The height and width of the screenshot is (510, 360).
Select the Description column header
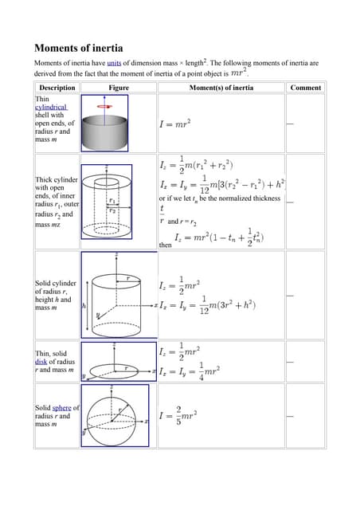click(57, 88)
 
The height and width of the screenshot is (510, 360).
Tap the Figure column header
click(118, 88)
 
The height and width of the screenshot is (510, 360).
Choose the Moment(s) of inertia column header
click(221, 88)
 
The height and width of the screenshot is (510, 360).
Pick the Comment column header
click(306, 88)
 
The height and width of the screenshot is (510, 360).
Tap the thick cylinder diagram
click(115, 202)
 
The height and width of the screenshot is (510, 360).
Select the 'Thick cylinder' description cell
click(57, 202)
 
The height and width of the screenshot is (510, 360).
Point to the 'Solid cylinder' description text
click(55, 296)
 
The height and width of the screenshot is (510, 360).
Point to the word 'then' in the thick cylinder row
click(166, 245)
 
